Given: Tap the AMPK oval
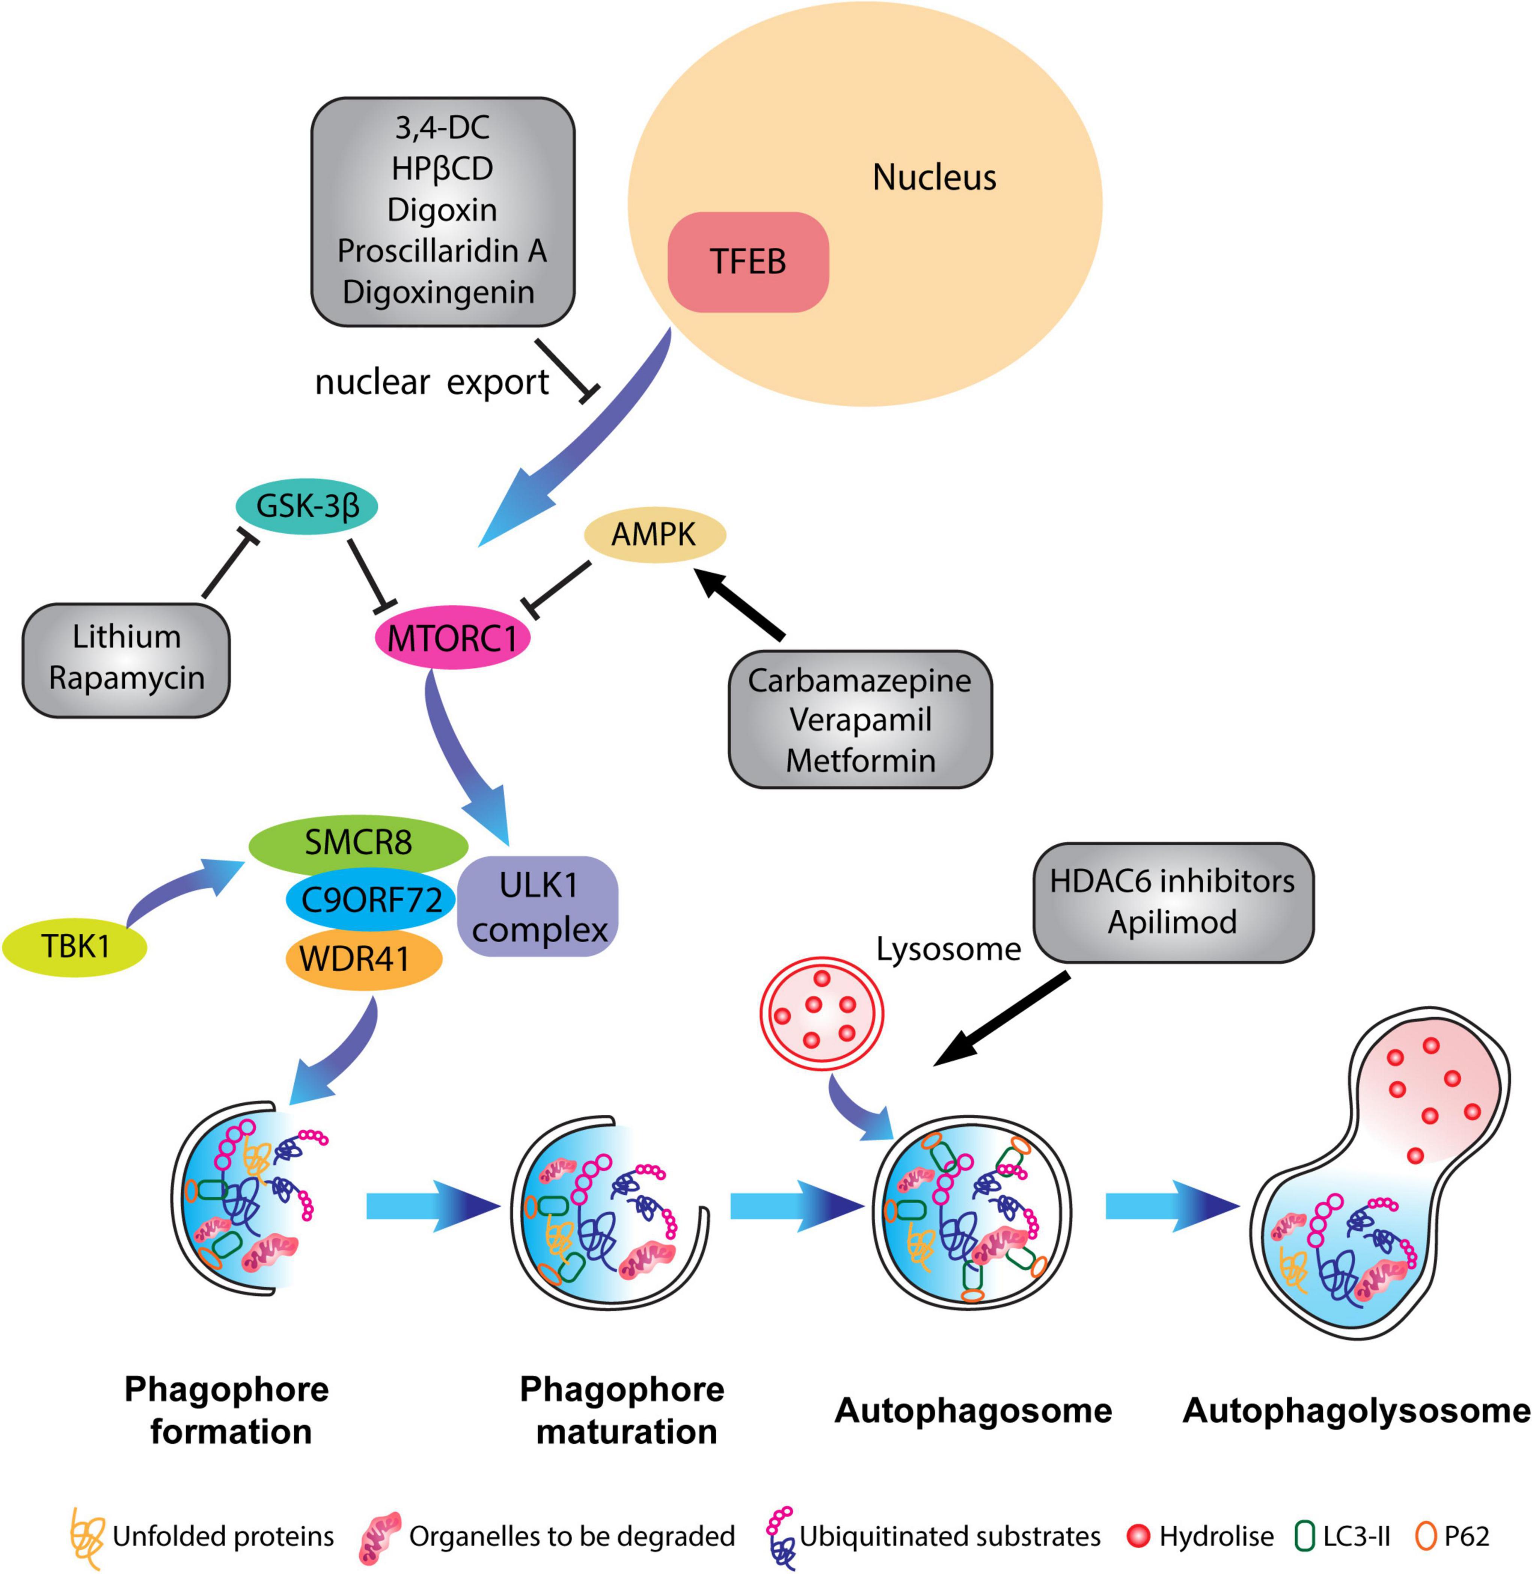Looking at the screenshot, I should click(x=654, y=534).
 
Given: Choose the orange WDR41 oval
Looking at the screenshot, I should click(x=362, y=958).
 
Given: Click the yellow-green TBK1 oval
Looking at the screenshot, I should click(x=75, y=946).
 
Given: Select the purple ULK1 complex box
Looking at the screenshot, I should click(x=538, y=906).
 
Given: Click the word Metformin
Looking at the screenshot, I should click(x=860, y=761).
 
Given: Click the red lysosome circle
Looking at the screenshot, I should click(x=821, y=1012).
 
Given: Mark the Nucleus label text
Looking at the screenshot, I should click(x=934, y=177).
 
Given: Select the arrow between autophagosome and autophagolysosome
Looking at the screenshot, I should click(x=1171, y=1206).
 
